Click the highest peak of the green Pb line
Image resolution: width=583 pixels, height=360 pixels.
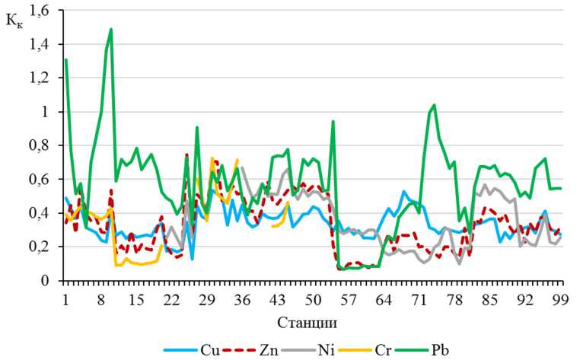pyautogui.click(x=111, y=30)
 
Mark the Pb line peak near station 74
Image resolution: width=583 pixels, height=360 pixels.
pyautogui.click(x=434, y=105)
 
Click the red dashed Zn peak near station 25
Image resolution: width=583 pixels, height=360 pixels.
pyautogui.click(x=187, y=155)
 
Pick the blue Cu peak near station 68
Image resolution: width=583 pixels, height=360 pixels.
pyautogui.click(x=404, y=192)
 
